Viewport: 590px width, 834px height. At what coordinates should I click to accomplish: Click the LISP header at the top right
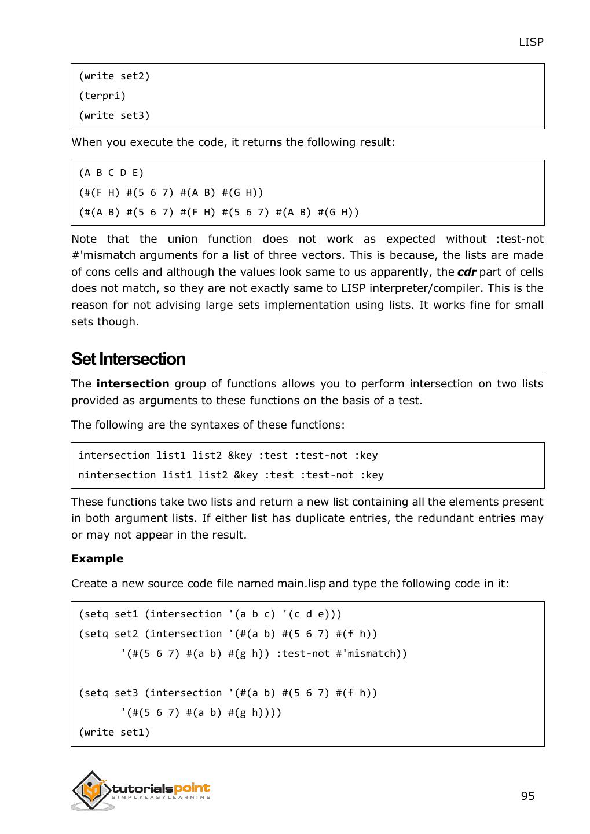coord(530,42)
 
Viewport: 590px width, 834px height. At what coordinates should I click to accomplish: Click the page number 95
coord(527,796)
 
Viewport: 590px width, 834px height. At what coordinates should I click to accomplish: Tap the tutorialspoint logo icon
coord(91,790)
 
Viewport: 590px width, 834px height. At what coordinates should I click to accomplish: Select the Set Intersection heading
coord(128,359)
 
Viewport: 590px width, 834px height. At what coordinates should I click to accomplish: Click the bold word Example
coord(97,559)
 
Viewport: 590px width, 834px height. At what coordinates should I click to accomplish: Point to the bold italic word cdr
coord(466,272)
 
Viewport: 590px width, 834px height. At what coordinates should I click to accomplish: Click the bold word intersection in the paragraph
coord(133,384)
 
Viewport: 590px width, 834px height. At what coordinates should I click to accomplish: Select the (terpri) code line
coord(102,96)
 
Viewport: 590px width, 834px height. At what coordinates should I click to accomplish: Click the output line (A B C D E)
coord(111,173)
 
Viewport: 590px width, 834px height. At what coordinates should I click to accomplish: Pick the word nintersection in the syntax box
coord(117,475)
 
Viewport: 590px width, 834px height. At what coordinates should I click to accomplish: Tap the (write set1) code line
coord(114,733)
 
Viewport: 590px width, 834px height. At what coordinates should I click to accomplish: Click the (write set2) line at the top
coord(114,76)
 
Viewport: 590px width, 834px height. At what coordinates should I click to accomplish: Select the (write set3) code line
coord(114,115)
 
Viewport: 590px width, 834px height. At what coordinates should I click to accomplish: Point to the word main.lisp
coord(301,584)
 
